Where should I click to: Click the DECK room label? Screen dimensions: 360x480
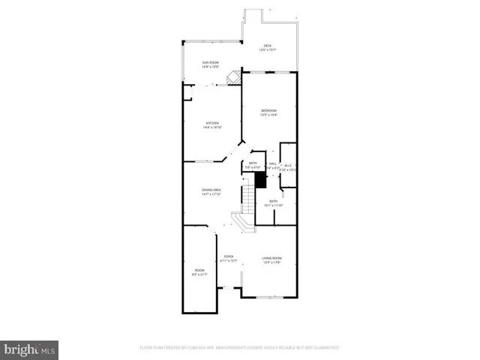[x=268, y=46]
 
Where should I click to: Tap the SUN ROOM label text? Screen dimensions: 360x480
[x=210, y=63]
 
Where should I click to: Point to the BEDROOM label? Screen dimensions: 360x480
[x=268, y=112]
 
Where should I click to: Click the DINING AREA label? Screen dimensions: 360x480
[x=211, y=191]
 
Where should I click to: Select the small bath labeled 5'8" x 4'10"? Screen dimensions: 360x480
[x=253, y=165]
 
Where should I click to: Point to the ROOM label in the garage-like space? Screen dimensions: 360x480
[x=199, y=271]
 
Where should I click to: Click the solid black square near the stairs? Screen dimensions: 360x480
[x=261, y=180]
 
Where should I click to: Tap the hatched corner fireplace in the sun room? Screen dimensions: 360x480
[x=234, y=76]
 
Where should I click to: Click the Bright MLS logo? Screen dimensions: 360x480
[x=29, y=349]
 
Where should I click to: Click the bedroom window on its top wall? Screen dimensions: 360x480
[x=268, y=72]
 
